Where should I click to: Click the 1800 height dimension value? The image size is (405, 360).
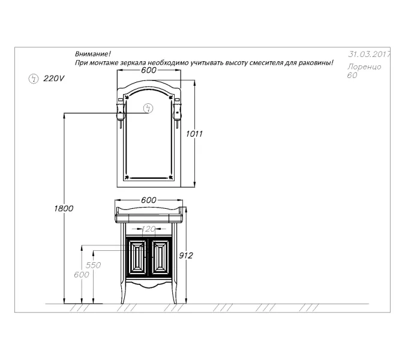tap(63, 208)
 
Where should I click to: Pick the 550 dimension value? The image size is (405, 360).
tap(93, 265)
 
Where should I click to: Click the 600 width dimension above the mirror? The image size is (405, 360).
tap(149, 70)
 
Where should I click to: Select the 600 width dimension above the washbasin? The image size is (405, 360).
tap(148, 200)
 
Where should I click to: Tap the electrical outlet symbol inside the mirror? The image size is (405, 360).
tap(149, 108)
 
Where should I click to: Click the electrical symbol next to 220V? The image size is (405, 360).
tap(33, 78)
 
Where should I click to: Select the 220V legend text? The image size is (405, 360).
tap(54, 79)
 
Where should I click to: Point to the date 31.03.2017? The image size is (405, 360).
tap(369, 54)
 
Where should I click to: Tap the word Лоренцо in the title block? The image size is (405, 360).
tap(364, 67)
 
